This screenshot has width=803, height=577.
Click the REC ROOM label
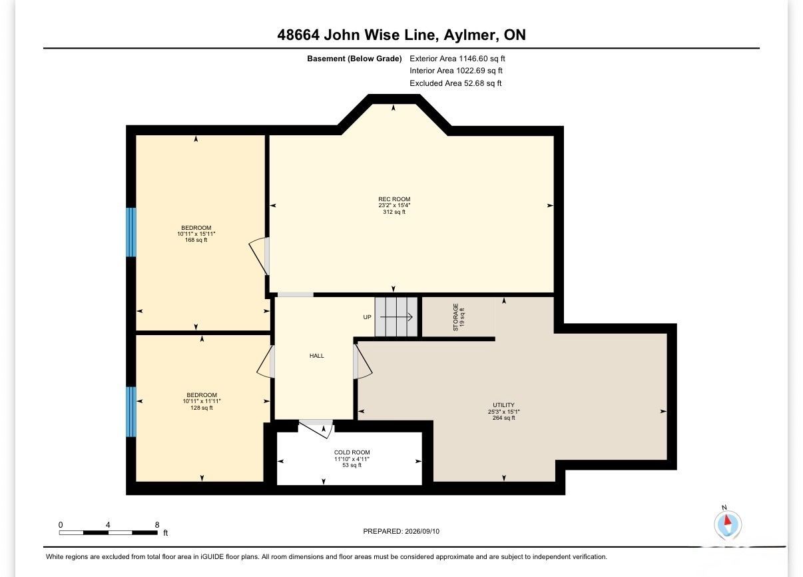(394, 199)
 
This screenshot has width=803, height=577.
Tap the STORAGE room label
(455, 317)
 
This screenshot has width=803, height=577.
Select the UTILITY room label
(503, 404)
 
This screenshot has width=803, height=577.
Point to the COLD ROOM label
(352, 452)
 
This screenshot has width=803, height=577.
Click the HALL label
(316, 356)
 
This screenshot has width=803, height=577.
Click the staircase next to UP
(396, 317)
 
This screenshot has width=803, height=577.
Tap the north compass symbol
(727, 524)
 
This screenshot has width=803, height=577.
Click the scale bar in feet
(109, 533)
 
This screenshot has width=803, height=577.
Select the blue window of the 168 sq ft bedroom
(131, 232)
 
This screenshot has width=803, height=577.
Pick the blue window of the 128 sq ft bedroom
(131, 412)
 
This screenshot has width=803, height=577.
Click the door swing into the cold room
(316, 429)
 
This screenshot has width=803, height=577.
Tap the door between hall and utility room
(362, 361)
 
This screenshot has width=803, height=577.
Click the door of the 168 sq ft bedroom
(259, 256)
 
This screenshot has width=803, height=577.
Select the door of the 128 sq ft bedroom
(266, 361)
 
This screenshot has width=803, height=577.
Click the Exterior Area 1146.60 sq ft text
(457, 59)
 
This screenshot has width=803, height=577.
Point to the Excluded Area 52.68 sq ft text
(455, 83)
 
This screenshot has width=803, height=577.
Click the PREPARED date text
(401, 532)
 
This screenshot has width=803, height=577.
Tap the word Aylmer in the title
(470, 35)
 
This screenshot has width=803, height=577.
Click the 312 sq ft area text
(394, 212)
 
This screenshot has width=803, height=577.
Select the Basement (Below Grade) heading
(354, 59)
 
